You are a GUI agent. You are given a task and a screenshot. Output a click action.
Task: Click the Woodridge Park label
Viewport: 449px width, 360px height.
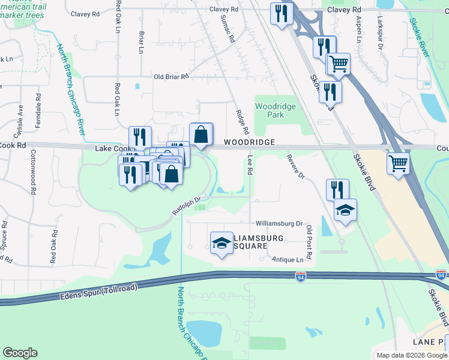(x=275, y=110)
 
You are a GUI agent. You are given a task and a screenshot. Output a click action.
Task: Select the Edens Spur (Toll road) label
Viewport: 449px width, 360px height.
(x=99, y=292)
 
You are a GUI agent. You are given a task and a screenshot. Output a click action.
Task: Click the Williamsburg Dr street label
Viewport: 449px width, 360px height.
(x=280, y=223)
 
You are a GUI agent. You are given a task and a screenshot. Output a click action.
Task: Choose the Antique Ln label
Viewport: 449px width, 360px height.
(x=288, y=260)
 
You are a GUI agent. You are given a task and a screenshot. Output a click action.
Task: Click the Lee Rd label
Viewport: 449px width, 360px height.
(x=250, y=164)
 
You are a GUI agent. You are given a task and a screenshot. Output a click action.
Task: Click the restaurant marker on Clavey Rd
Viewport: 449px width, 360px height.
(x=280, y=13)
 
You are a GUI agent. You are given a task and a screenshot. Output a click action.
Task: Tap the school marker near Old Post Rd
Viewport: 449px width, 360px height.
(x=345, y=209)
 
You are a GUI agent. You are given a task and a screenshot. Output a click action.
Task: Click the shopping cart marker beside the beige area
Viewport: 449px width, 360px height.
(x=398, y=163)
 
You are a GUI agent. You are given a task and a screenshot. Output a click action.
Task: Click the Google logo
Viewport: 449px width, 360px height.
(x=20, y=353)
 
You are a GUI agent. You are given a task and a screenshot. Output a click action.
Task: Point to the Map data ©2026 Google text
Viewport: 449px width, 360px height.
(x=411, y=355)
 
